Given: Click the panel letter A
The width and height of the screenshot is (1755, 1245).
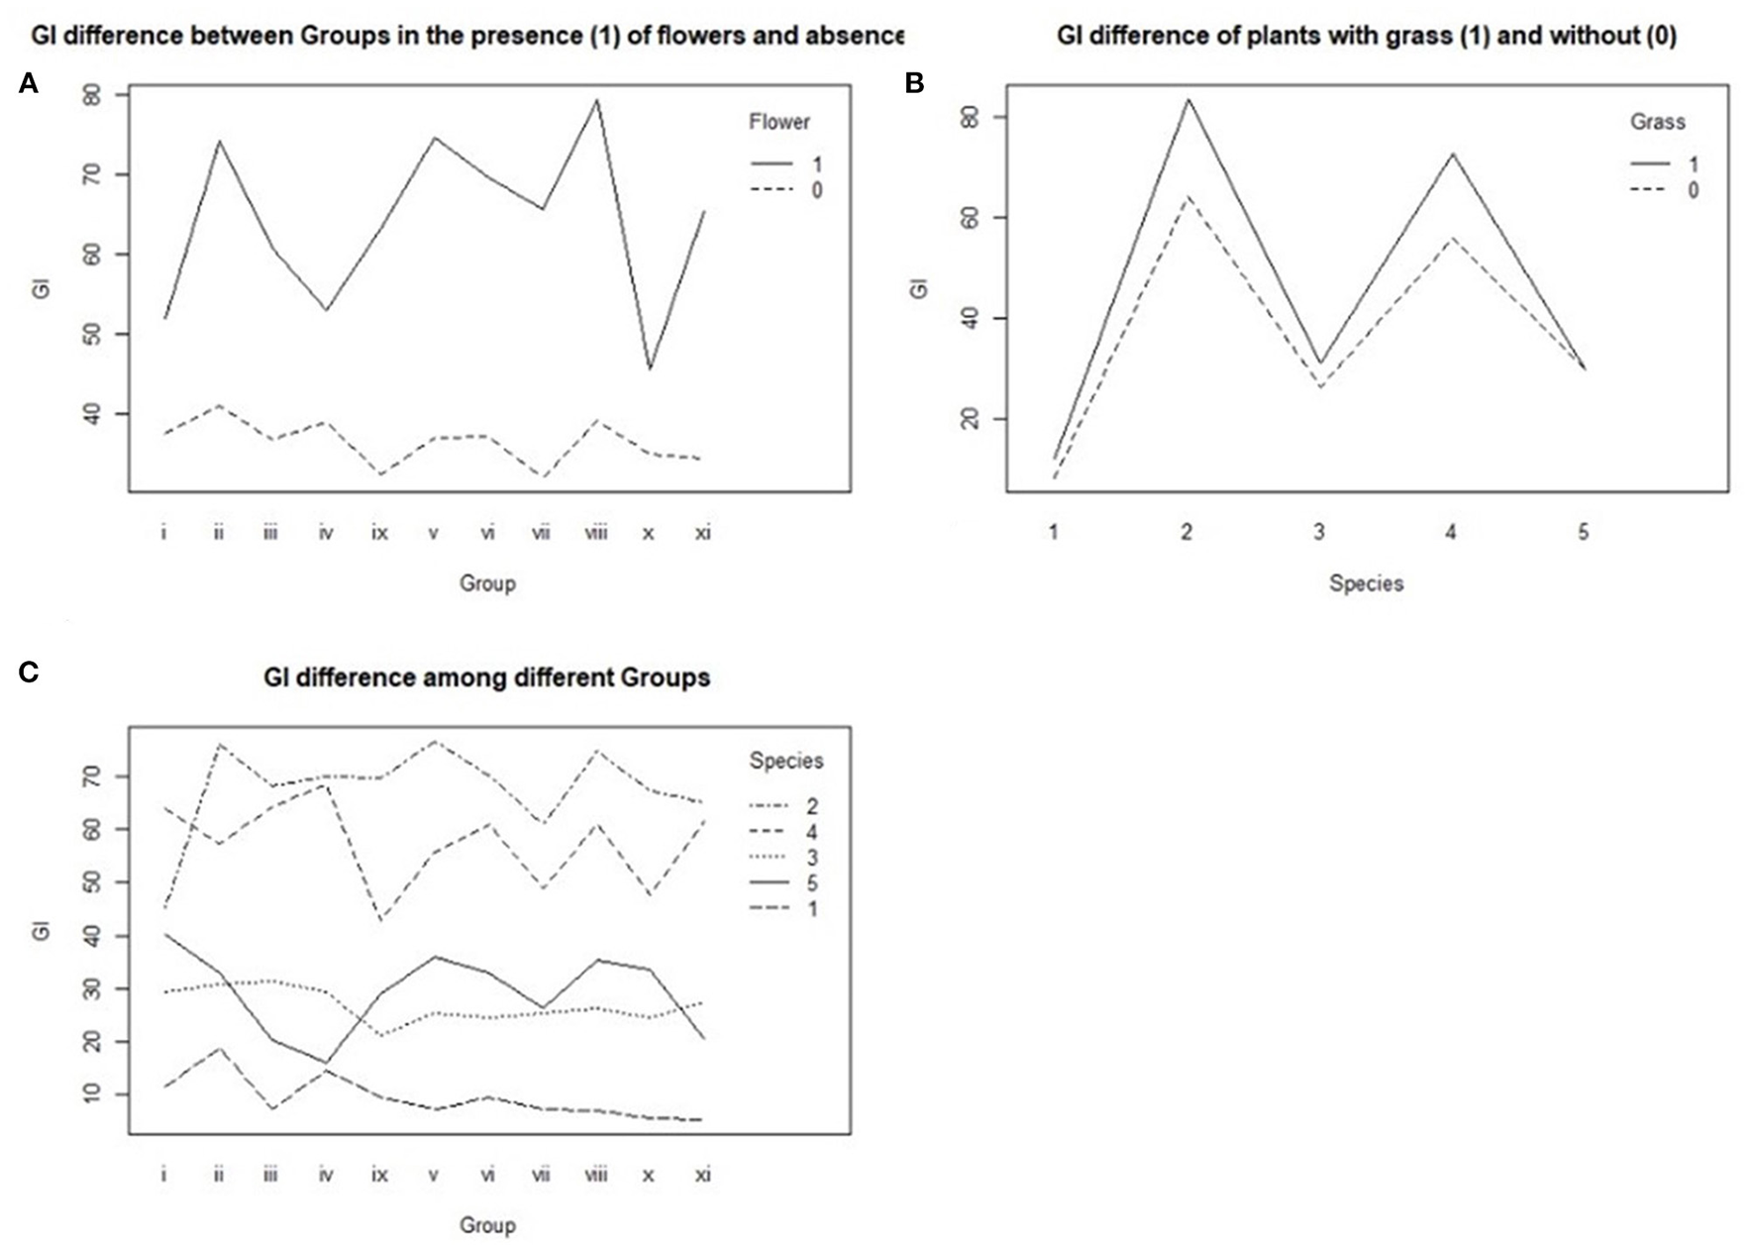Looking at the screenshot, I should (x=29, y=84).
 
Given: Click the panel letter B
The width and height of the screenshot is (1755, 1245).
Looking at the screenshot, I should (x=914, y=84).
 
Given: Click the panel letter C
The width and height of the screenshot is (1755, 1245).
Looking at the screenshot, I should (x=29, y=673).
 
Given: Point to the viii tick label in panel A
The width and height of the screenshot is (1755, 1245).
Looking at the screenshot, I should (x=595, y=533).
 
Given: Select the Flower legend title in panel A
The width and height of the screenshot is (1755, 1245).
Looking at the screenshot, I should (x=778, y=122).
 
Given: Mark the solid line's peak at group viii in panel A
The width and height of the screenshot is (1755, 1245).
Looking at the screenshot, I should (x=596, y=99).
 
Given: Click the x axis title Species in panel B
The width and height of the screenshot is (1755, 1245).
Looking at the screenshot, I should (x=1366, y=583).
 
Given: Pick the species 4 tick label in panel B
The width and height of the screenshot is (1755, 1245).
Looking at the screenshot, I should (x=1451, y=533).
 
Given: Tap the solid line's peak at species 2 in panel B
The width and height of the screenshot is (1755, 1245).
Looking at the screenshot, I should (x=1187, y=99).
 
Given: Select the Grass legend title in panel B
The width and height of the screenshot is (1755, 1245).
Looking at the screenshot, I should (x=1657, y=122).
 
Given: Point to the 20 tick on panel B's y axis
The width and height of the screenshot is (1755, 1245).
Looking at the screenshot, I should (x=971, y=419).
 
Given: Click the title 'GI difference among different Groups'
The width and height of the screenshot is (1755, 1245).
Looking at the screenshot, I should (x=486, y=677).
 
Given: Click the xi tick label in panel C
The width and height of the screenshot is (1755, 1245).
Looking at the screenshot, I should (x=702, y=1175).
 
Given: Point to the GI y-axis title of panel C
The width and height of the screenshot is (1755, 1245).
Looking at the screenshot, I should (x=42, y=931).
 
